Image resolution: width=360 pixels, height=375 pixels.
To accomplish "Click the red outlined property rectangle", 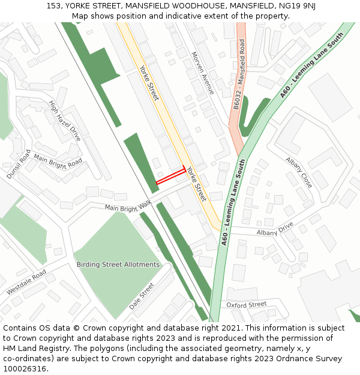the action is [170, 176].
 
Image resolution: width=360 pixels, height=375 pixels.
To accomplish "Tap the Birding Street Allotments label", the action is [118, 265].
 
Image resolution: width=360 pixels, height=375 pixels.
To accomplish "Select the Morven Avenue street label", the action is [203, 73].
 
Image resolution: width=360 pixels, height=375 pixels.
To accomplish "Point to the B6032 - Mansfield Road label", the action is [238, 74].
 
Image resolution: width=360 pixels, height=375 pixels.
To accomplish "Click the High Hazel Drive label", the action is [65, 120].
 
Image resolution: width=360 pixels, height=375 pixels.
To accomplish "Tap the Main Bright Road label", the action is [58, 161].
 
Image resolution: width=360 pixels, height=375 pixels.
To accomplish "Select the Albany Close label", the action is [299, 173].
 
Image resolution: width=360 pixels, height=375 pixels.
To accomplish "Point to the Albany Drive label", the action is [275, 229].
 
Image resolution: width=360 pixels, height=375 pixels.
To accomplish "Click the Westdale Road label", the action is [26, 282].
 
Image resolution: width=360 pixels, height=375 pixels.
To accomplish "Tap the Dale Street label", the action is [142, 296].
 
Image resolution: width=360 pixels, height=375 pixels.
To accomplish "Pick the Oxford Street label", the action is [247, 305].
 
